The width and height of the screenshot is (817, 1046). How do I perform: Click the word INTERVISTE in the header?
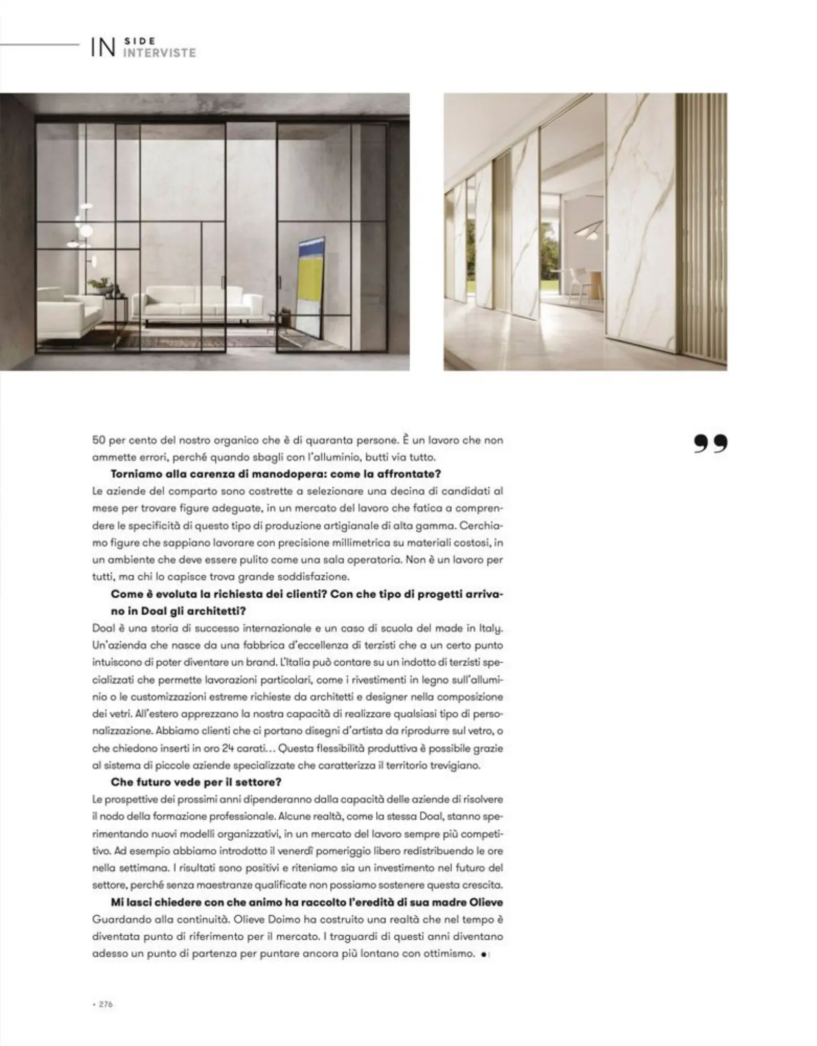pyautogui.click(x=159, y=53)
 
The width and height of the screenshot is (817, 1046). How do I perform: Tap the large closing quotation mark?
pyautogui.click(x=710, y=444)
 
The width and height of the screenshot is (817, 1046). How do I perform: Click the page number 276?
pyautogui.click(x=106, y=1004)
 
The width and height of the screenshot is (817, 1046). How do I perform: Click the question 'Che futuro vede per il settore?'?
pyautogui.click(x=196, y=782)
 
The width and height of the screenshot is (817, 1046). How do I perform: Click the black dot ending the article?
pyautogui.click(x=483, y=954)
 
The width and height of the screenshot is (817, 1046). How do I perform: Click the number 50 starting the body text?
pyautogui.click(x=99, y=440)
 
